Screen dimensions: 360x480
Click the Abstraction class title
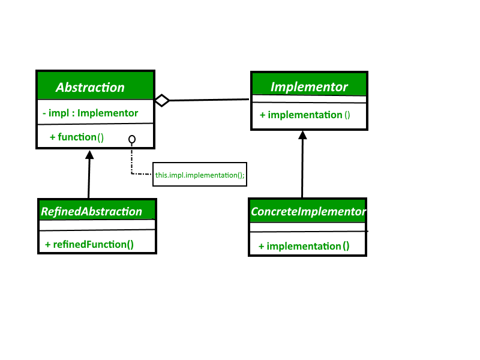(90, 87)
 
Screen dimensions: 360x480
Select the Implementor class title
(309, 86)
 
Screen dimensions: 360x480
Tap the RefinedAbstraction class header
(91, 211)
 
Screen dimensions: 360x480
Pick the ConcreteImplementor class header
(308, 212)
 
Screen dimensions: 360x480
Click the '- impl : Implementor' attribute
(91, 113)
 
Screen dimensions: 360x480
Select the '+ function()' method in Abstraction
(77, 137)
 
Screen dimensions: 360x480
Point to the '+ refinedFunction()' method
(89, 244)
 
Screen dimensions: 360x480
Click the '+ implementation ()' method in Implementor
(305, 115)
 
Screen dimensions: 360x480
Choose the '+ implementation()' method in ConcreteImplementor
(304, 246)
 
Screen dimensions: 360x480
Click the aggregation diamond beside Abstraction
(162, 100)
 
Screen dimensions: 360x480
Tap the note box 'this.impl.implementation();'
(200, 175)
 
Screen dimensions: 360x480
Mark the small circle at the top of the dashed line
(132, 140)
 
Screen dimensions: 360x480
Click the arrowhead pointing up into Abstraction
(89, 154)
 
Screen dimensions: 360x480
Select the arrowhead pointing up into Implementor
(303, 135)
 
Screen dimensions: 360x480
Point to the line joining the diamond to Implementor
(210, 100)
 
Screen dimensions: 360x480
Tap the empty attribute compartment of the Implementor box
(309, 99)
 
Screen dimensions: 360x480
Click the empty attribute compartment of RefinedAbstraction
(97, 224)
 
